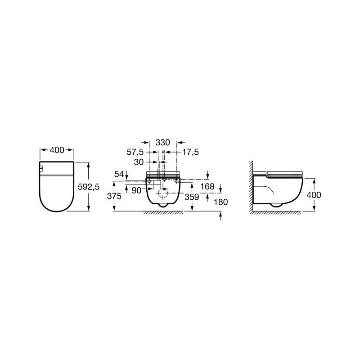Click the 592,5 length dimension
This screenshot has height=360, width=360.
(x=89, y=187)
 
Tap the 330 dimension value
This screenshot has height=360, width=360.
(x=163, y=143)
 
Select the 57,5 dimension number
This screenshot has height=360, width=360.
(x=135, y=152)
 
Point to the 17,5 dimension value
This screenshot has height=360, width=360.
(x=190, y=152)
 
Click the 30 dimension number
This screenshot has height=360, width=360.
(x=139, y=162)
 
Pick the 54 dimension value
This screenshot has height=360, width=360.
(x=119, y=174)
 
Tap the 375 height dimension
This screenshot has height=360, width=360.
(x=114, y=196)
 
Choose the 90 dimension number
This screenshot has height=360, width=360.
(x=136, y=190)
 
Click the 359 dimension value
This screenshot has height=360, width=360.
(x=192, y=197)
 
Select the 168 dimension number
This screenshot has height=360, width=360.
(x=207, y=186)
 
